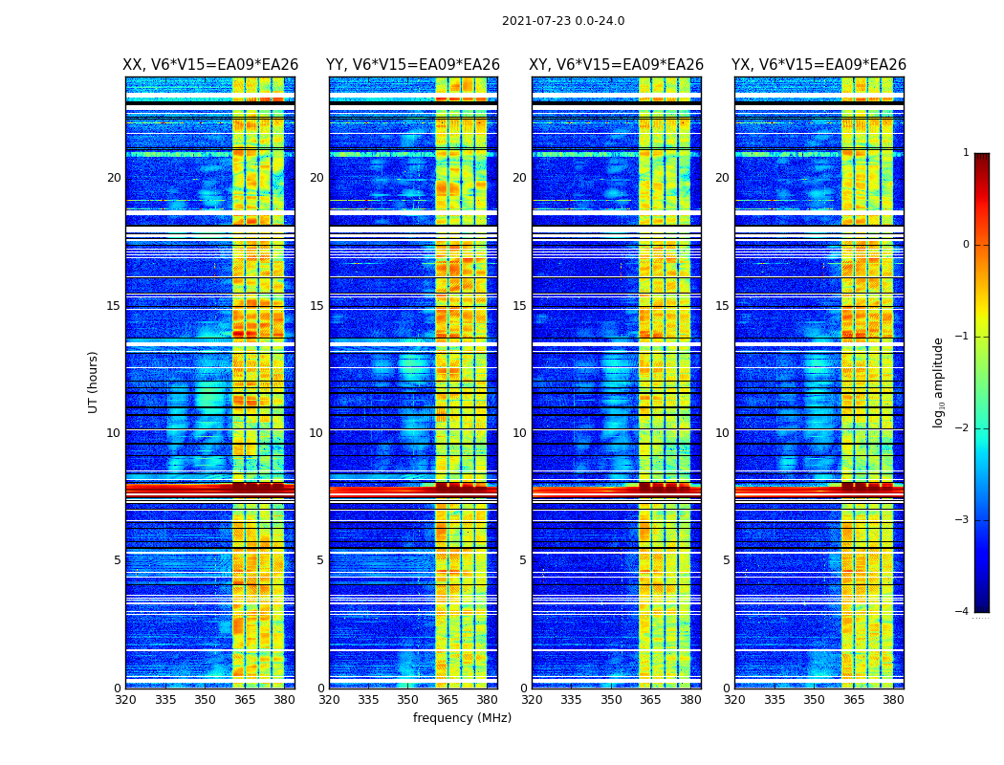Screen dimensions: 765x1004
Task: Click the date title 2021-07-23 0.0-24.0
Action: [x=563, y=21]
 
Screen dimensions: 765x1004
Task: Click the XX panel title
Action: [x=210, y=65]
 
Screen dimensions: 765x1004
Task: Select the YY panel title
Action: [x=413, y=65]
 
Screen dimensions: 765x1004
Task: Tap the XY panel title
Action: [x=617, y=65]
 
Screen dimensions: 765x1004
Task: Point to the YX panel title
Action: [x=818, y=65]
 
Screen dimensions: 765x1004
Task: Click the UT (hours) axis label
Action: [x=94, y=382]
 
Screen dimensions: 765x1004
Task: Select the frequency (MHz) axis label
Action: [x=462, y=718]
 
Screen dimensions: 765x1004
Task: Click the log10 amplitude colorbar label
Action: [x=939, y=382]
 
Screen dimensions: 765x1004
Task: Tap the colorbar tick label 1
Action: [x=965, y=153]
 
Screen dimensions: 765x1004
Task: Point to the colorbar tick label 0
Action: [x=965, y=245]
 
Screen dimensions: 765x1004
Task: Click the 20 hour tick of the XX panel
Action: [x=114, y=178]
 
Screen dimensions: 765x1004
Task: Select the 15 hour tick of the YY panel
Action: [x=316, y=306]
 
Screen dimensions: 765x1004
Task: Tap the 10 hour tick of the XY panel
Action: [x=519, y=433]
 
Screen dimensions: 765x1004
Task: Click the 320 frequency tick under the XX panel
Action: [x=125, y=700]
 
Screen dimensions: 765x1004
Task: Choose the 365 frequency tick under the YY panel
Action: [x=447, y=700]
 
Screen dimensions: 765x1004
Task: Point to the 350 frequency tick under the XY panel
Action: [x=611, y=700]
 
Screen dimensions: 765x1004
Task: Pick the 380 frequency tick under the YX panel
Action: [x=893, y=700]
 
